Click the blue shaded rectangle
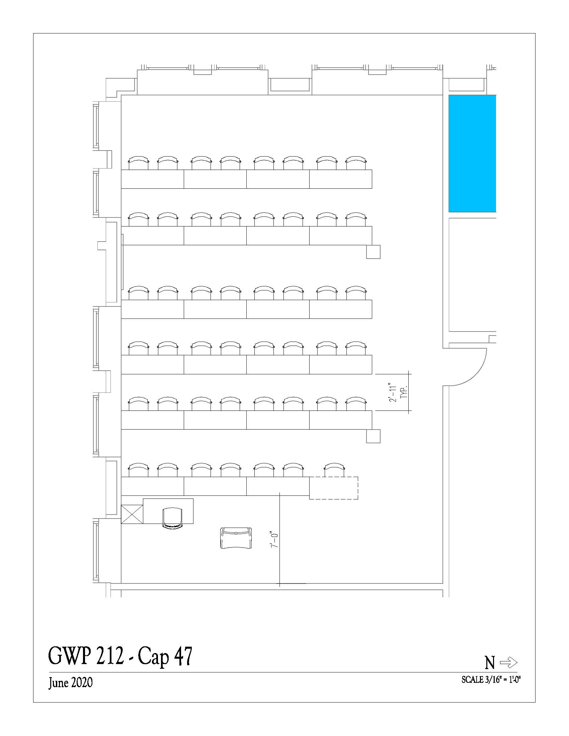(472, 153)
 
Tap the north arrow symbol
(508, 662)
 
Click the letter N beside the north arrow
(489, 663)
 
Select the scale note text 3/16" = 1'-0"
(503, 680)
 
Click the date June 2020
(70, 683)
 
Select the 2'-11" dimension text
(393, 392)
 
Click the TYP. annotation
(404, 392)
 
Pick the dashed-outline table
(334, 488)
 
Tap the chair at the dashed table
(334, 470)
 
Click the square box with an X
(132, 514)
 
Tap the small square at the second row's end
(374, 252)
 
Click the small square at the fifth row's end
(374, 436)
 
